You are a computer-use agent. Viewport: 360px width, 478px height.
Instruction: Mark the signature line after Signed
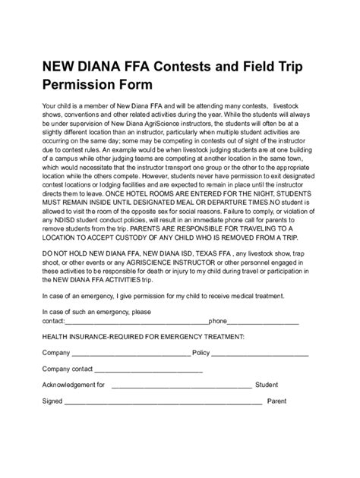click(163, 401)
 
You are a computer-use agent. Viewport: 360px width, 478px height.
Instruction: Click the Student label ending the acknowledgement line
click(267, 385)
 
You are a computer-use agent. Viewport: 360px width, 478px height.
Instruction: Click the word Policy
click(202, 353)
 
